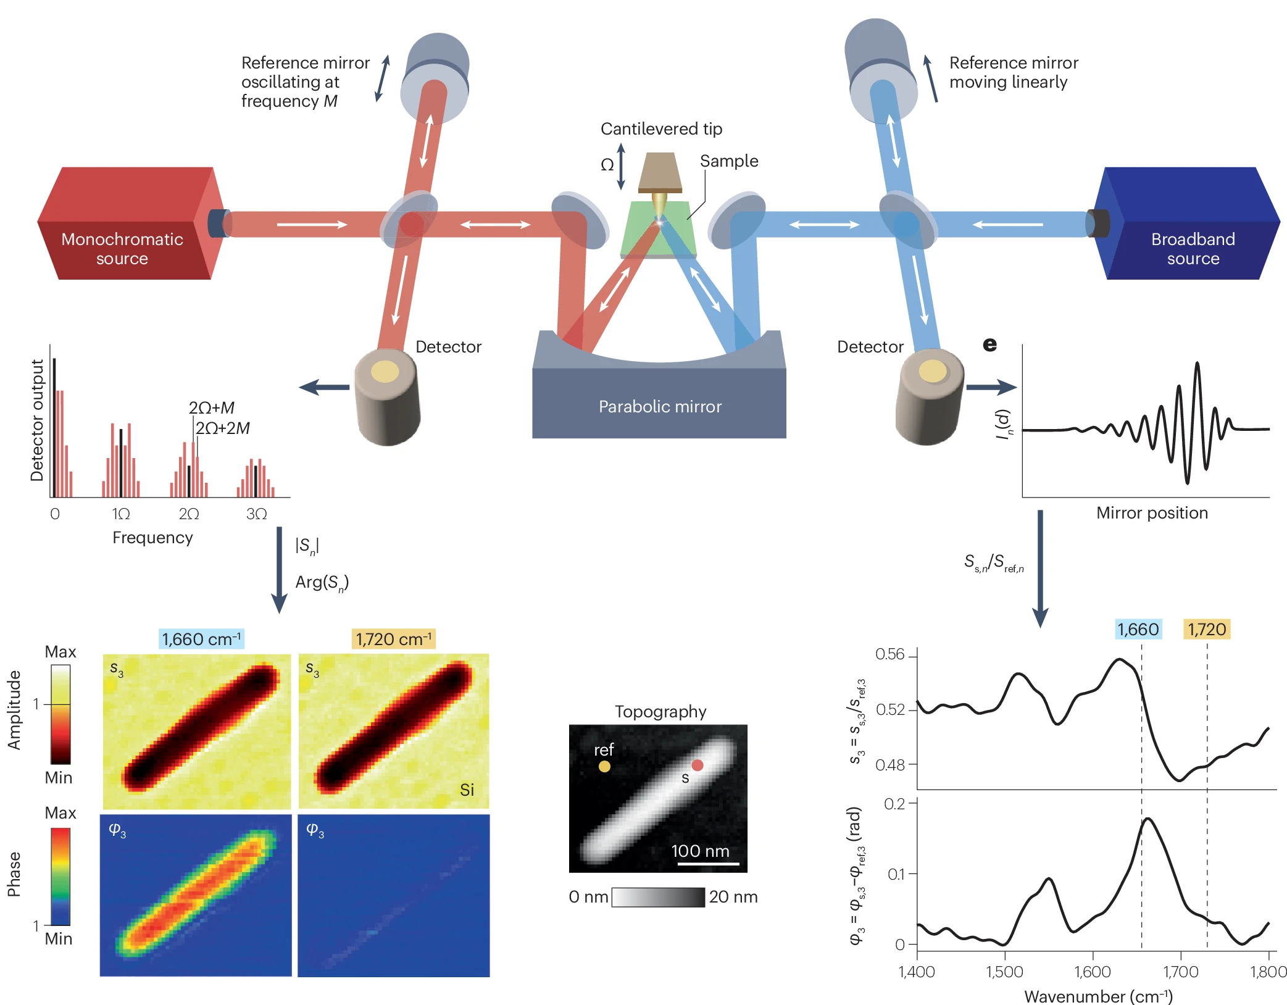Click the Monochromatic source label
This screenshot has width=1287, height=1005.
(122, 248)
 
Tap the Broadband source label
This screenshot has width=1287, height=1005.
(1193, 248)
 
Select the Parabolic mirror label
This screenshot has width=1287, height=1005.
(660, 406)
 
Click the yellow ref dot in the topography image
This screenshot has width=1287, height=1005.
(604, 766)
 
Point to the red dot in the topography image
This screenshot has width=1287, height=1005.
(698, 765)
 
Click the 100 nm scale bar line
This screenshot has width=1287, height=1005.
(708, 864)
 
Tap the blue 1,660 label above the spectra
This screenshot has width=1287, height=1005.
(1138, 629)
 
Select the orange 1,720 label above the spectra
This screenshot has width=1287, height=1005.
(1207, 629)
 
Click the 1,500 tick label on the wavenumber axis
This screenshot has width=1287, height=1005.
(1004, 972)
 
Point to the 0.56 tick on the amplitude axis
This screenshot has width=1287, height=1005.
(890, 654)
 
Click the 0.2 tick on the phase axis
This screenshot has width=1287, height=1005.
(894, 804)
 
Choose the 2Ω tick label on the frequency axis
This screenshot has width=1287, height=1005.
(189, 514)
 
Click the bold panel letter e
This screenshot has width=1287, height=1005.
(989, 344)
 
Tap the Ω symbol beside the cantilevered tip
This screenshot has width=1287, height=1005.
(607, 165)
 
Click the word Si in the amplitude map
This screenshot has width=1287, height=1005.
(467, 790)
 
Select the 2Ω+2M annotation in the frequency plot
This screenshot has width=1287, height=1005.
(223, 428)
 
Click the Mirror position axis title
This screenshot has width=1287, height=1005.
(1152, 513)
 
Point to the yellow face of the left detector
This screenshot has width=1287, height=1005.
(385, 372)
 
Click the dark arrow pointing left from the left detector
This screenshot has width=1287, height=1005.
(324, 387)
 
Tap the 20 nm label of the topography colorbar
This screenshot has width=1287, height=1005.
(733, 896)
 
